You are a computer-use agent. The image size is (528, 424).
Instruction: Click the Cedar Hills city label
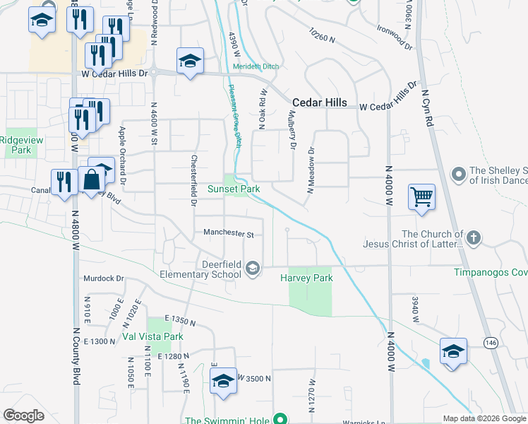[x=320, y=102]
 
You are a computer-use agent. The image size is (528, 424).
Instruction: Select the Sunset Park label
[x=234, y=189]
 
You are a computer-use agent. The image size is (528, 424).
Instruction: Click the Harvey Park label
[x=306, y=278]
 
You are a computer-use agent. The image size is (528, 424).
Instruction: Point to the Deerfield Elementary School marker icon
[x=253, y=269]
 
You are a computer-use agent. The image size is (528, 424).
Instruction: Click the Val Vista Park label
[x=153, y=337]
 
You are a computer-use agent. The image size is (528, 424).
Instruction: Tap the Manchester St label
[x=223, y=232]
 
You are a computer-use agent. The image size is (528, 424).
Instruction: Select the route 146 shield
[x=491, y=342]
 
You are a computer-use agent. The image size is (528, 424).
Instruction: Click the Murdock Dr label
[x=103, y=278]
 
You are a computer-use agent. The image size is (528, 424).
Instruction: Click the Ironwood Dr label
[x=395, y=40]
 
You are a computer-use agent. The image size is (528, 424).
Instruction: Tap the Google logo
[x=23, y=415]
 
